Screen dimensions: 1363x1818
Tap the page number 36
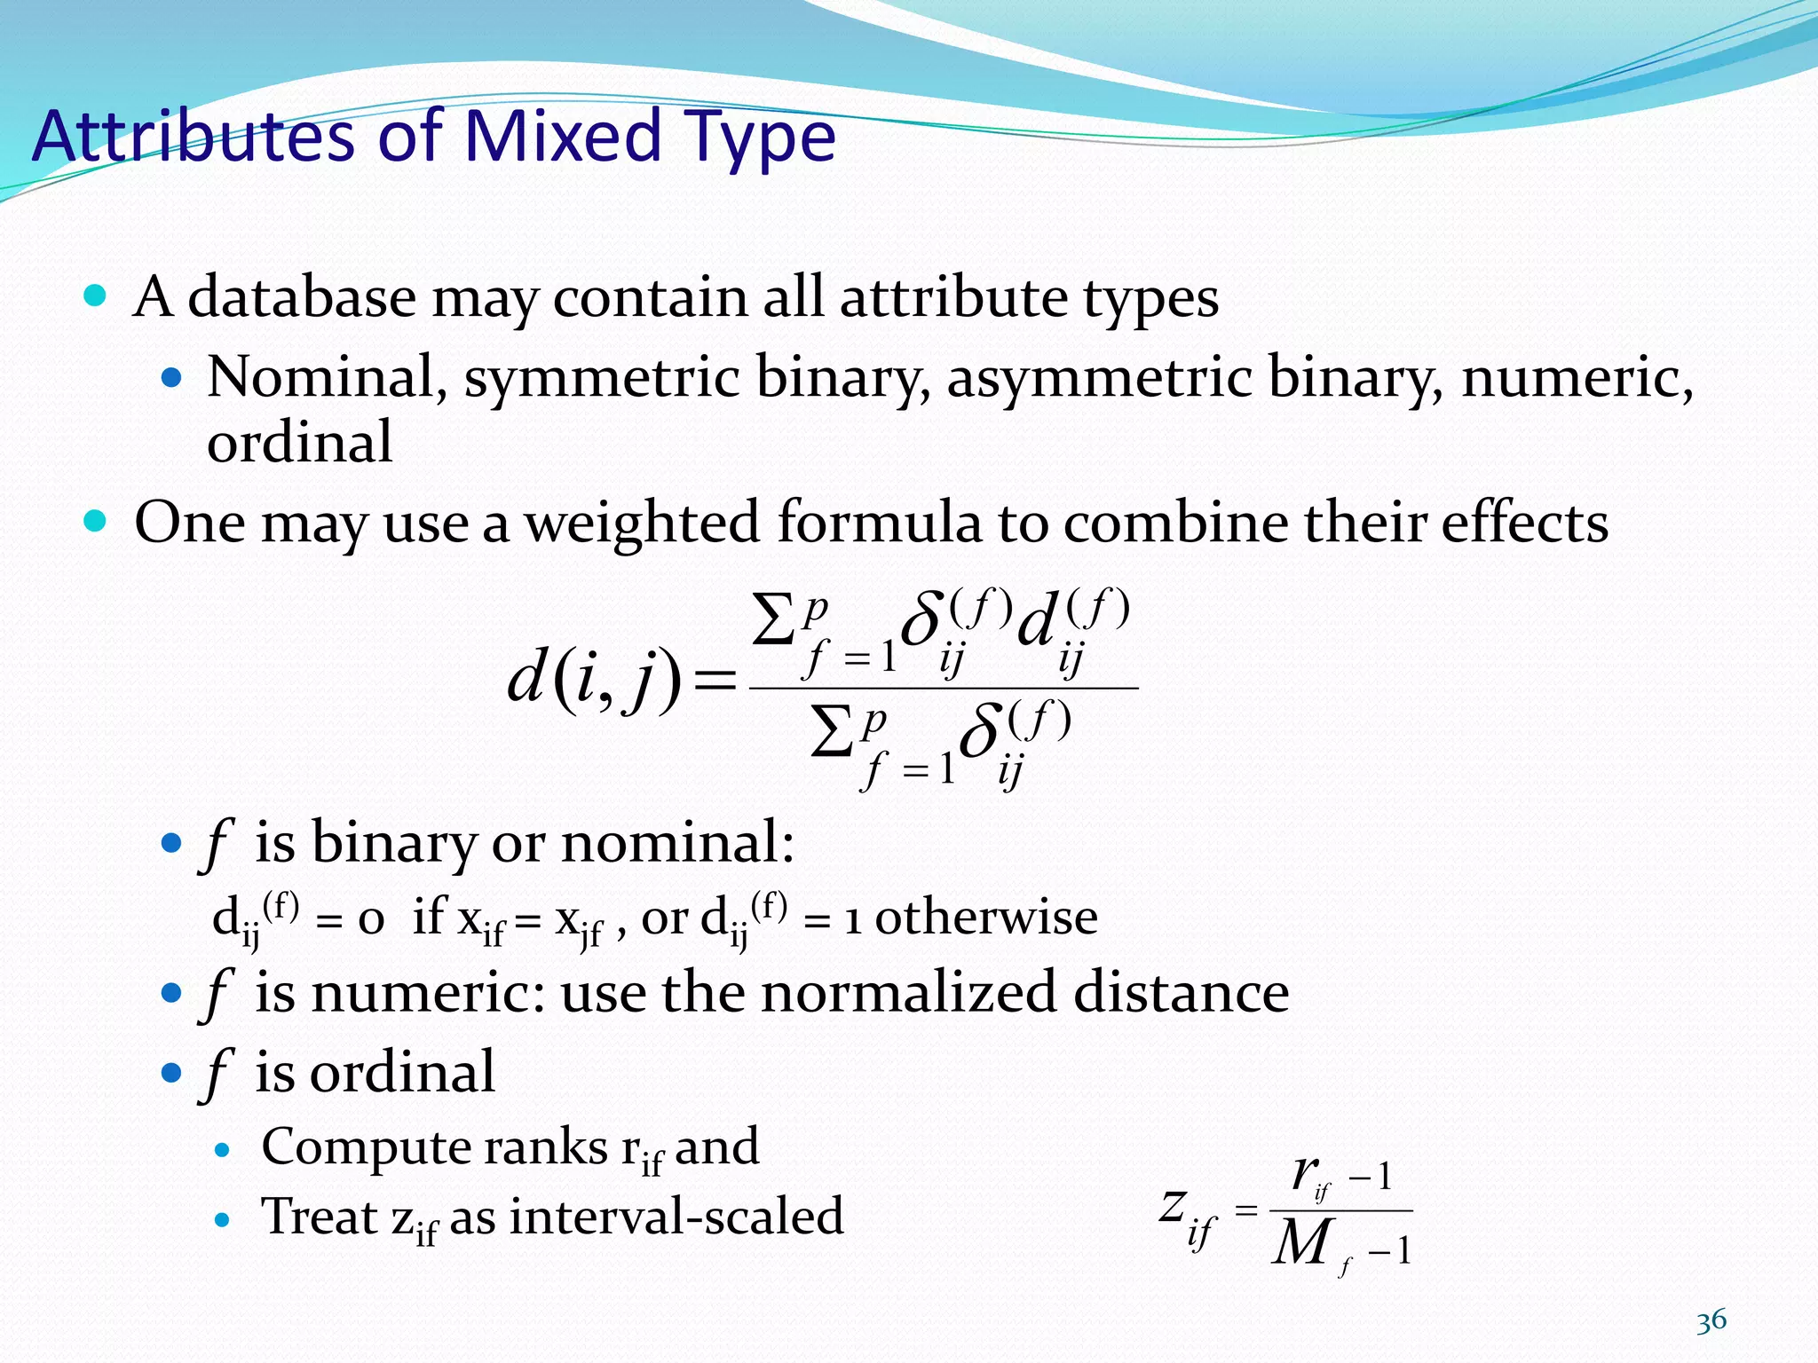pos(1711,1321)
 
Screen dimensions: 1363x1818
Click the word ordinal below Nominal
pos(299,441)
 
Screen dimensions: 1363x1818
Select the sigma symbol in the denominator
pos(833,731)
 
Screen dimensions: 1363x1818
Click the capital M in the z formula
pos(1301,1242)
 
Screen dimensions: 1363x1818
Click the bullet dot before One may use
pos(94,520)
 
